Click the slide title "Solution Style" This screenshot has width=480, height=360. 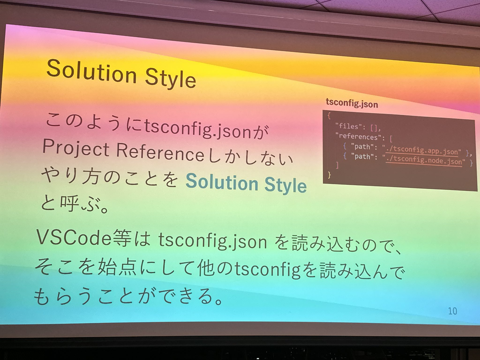pyautogui.click(x=121, y=74)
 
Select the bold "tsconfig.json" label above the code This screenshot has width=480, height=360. pyautogui.click(x=352, y=103)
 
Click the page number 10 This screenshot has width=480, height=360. pyautogui.click(x=452, y=311)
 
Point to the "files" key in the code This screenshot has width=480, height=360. pyautogui.click(x=350, y=126)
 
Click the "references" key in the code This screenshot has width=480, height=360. pyautogui.click(x=359, y=136)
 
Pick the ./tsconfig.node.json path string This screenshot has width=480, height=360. pyautogui.click(x=424, y=161)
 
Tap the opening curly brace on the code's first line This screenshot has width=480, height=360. pyautogui.click(x=329, y=116)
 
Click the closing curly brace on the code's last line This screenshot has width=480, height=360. pyautogui.click(x=329, y=175)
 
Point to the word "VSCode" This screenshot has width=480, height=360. pyautogui.click(x=74, y=238)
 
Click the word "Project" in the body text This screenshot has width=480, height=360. pyautogui.click(x=76, y=149)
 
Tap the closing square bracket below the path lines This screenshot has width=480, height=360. pyautogui.click(x=338, y=166)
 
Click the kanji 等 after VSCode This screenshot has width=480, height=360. pyautogui.click(x=122, y=239)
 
